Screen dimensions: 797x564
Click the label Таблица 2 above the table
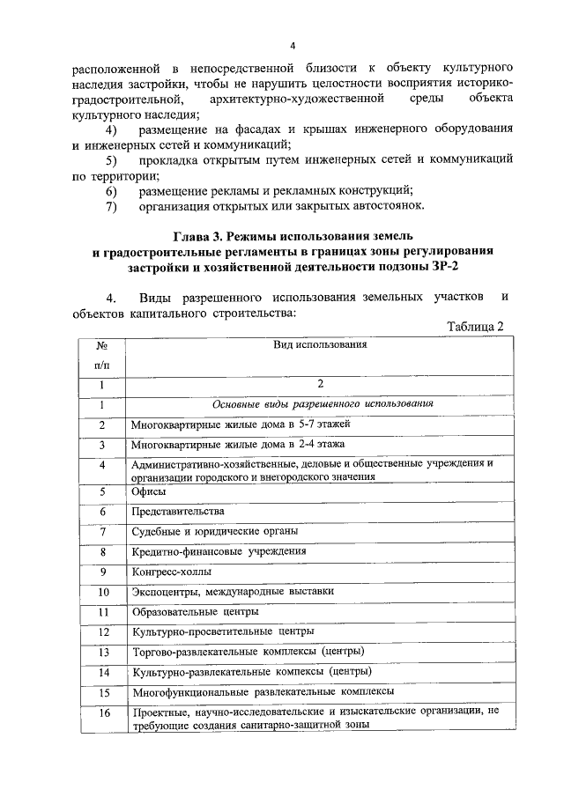point(475,327)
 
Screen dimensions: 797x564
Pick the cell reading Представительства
point(177,512)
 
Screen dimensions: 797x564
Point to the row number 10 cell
point(102,593)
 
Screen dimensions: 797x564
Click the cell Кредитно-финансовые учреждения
point(219,552)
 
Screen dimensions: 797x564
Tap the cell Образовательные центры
point(195,612)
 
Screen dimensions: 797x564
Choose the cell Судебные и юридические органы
point(214,532)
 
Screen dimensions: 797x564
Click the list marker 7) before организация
point(111,207)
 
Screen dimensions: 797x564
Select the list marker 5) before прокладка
point(111,160)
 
